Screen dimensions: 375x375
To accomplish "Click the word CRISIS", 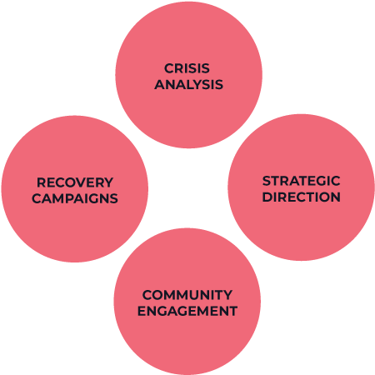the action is click(x=187, y=68).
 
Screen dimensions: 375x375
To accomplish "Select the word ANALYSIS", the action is click(x=189, y=84).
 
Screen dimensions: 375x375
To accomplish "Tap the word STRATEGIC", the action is click(x=302, y=181).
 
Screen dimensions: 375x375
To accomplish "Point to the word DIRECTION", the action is click(x=302, y=197).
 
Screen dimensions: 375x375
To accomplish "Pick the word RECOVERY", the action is click(x=75, y=182).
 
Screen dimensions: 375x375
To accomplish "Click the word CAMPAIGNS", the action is click(x=75, y=198).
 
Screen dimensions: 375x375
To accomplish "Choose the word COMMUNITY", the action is click(x=187, y=295).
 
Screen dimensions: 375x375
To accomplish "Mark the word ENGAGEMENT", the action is click(x=187, y=311).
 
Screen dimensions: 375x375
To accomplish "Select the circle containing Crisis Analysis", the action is click(x=189, y=75).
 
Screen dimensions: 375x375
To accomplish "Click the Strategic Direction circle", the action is click(x=302, y=187).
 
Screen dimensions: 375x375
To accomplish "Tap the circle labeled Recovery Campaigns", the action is click(x=75, y=189).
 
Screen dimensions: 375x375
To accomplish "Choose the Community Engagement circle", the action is click(x=187, y=302).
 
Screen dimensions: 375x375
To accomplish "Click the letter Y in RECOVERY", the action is click(x=108, y=182).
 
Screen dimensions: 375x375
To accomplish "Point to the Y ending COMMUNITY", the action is click(x=227, y=295).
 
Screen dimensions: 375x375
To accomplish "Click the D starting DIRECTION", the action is click(x=267, y=197).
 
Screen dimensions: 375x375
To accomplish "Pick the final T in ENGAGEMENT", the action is click(x=232, y=311).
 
